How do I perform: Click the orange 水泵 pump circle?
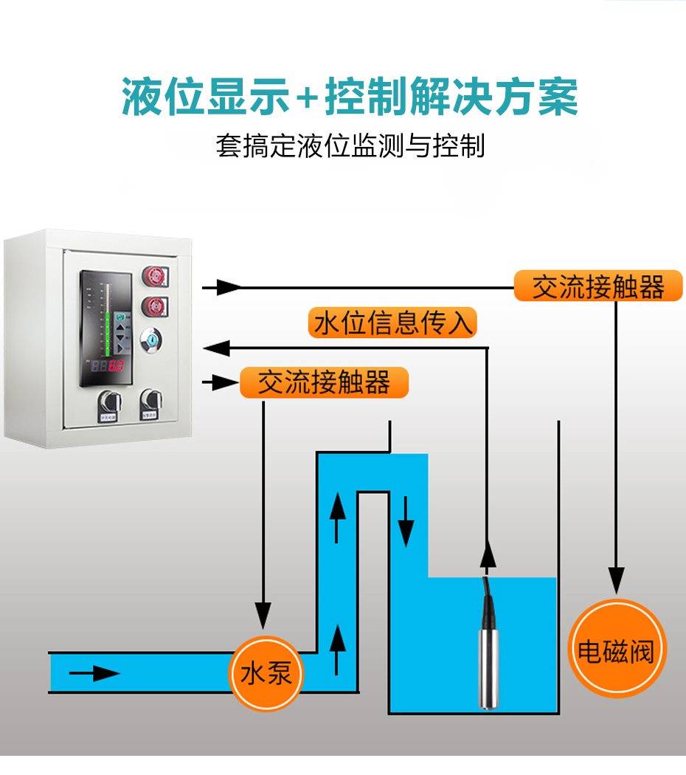(x=266, y=673)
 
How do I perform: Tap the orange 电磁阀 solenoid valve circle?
(x=614, y=649)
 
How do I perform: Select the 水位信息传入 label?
(x=392, y=323)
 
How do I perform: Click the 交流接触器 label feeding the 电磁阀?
(x=598, y=286)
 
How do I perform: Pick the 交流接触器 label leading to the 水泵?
(x=324, y=382)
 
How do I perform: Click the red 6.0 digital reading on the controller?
(x=117, y=366)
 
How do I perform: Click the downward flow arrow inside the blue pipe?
(x=406, y=526)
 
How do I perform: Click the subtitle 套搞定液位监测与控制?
(x=350, y=145)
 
